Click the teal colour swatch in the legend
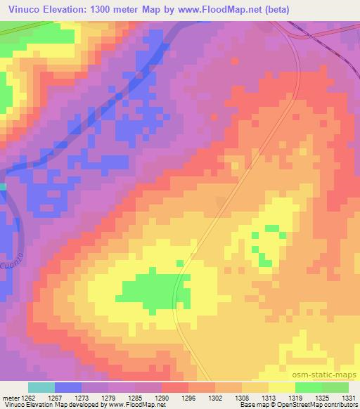tap(41, 387)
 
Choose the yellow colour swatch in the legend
tap(282, 387)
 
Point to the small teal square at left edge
tap(3, 186)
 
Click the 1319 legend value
tap(294, 397)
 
